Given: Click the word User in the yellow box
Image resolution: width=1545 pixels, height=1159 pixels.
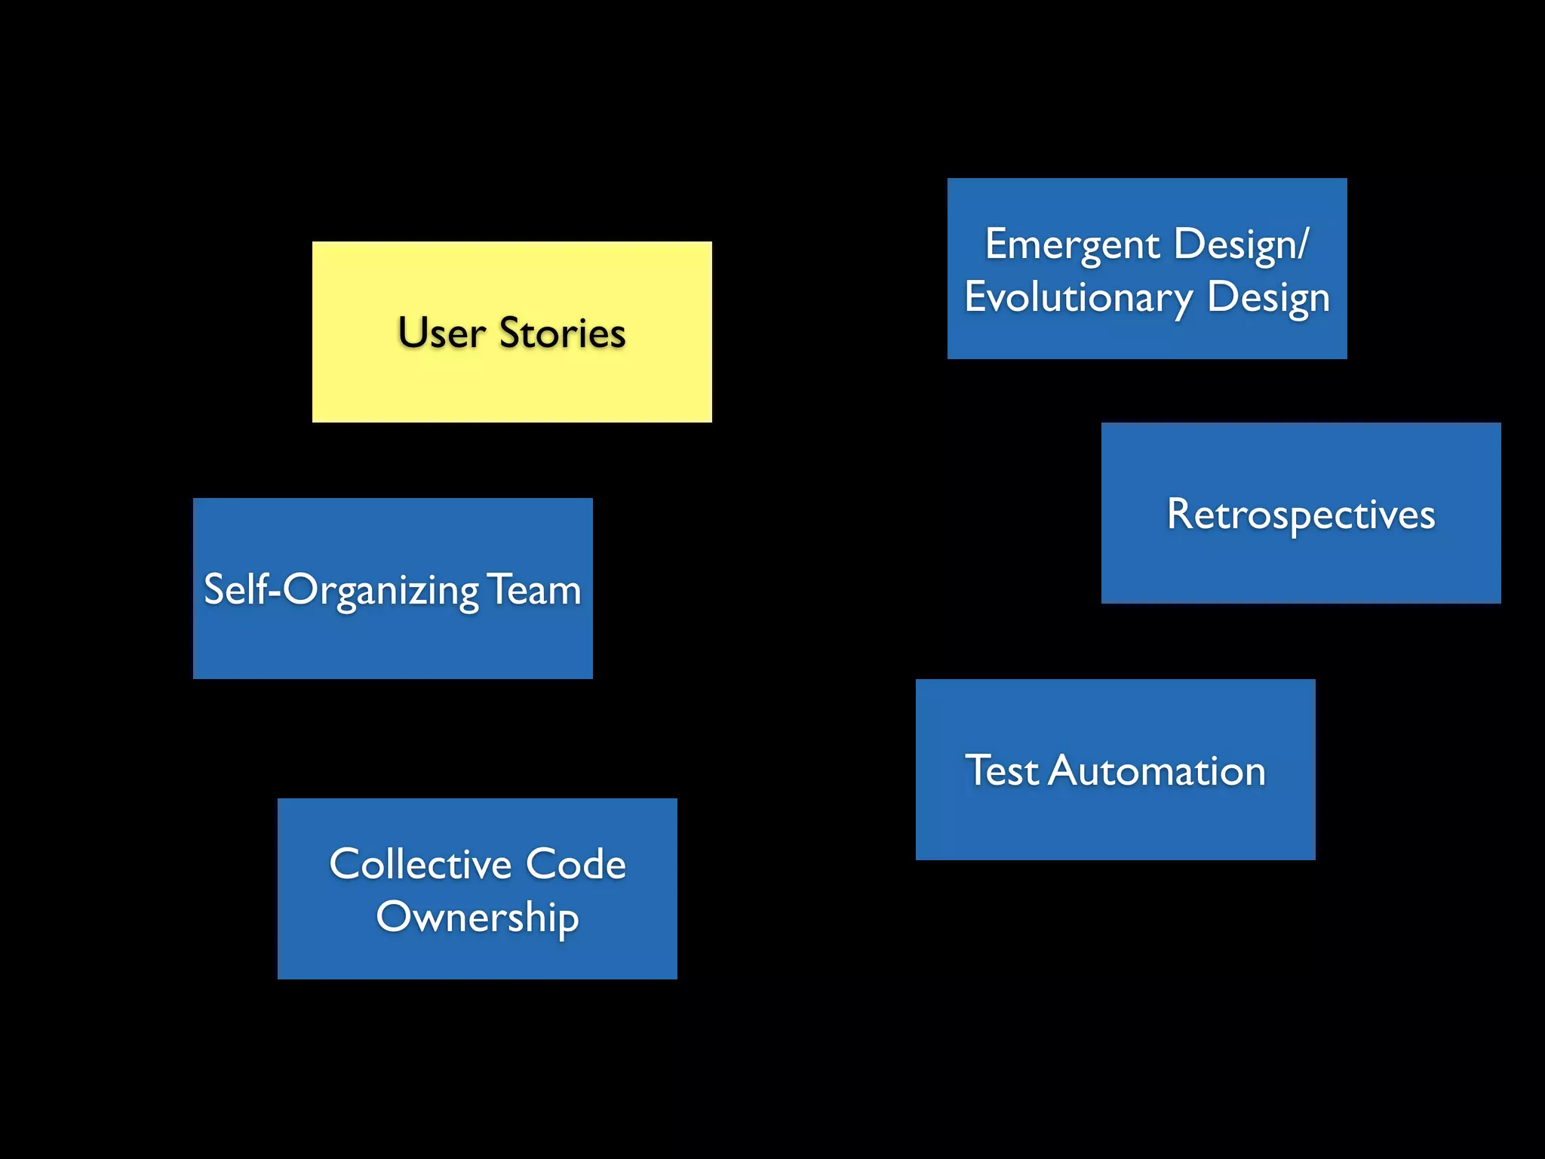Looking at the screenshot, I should click(x=441, y=334).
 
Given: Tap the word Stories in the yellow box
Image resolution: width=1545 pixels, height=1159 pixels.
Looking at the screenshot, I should click(x=562, y=334).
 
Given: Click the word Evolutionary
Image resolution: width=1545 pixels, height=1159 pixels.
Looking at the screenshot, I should click(x=1078, y=297).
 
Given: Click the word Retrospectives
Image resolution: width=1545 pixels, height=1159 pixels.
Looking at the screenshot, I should click(x=1301, y=515).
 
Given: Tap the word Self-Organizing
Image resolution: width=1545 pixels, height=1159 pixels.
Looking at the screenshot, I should click(x=341, y=590).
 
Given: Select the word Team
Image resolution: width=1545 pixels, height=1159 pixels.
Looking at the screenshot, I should click(x=534, y=590).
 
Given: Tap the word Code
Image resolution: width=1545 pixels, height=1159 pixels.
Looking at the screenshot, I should click(x=576, y=864).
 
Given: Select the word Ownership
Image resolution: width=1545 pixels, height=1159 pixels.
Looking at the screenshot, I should click(x=478, y=918).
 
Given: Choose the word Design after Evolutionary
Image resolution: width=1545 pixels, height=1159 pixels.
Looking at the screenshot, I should click(x=1268, y=297).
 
